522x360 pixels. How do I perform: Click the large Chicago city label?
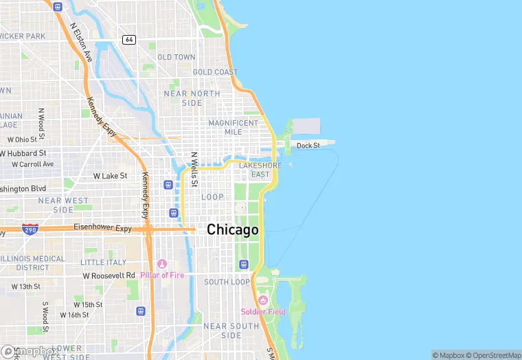(x=233, y=229)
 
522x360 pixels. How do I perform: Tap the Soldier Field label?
(x=262, y=312)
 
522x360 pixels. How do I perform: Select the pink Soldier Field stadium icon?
(x=262, y=301)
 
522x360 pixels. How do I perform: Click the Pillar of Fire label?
(x=161, y=275)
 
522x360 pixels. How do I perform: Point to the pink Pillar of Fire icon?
(x=162, y=264)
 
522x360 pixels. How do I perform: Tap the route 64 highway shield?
(x=128, y=40)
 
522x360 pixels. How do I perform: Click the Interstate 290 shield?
(x=30, y=228)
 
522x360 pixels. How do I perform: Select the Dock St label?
(x=308, y=146)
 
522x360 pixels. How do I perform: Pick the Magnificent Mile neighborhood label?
(x=234, y=127)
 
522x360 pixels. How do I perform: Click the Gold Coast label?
(x=215, y=72)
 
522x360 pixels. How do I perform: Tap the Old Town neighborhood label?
(x=177, y=57)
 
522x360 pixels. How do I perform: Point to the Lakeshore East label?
(x=260, y=170)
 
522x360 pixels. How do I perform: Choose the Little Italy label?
(x=103, y=262)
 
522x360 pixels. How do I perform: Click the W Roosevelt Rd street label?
(x=109, y=275)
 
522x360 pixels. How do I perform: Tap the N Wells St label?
(x=194, y=170)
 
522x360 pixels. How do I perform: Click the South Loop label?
(x=227, y=282)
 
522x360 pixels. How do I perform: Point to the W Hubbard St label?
(x=23, y=153)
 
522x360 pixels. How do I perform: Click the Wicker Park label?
(x=22, y=36)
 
